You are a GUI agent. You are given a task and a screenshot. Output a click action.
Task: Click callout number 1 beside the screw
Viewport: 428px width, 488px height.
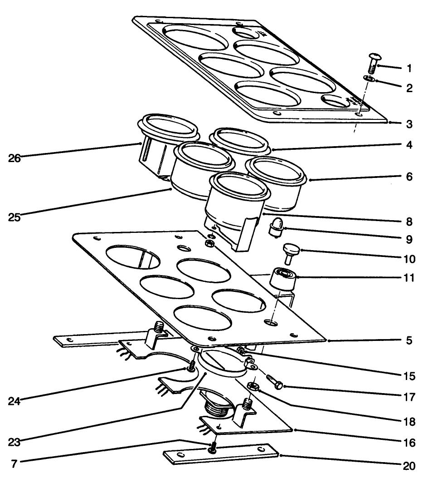tap(409, 69)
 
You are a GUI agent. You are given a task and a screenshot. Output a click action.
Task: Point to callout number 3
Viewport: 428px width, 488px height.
tap(409, 124)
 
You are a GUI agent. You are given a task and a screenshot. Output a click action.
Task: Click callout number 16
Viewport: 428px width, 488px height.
tap(409, 442)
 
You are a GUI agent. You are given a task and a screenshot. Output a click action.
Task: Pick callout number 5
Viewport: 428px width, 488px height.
tap(409, 340)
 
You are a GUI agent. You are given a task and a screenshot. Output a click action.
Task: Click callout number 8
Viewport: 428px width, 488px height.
tap(409, 222)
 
